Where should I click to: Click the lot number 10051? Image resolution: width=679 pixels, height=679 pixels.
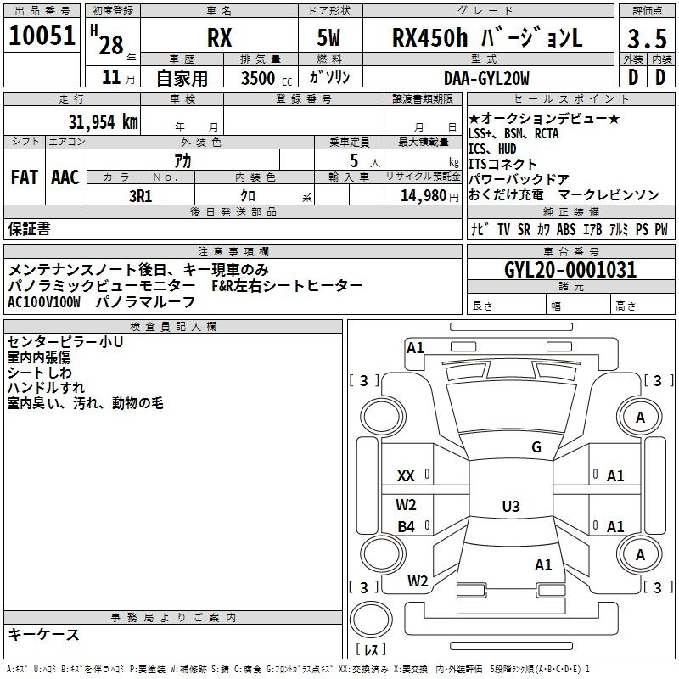click(x=42, y=36)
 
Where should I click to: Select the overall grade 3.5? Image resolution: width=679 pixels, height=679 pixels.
click(x=647, y=38)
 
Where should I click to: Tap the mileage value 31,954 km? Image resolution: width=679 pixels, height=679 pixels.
click(x=103, y=122)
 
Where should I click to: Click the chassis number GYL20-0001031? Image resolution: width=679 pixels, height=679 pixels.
click(x=570, y=270)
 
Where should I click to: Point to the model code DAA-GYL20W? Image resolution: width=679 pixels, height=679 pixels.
click(x=486, y=78)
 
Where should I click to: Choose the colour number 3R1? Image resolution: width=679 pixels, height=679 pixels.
click(x=141, y=196)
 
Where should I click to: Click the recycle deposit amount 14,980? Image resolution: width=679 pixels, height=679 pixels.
click(x=424, y=196)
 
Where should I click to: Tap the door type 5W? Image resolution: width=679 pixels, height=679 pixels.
click(x=328, y=37)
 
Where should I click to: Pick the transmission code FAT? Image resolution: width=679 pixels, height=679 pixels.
click(x=25, y=177)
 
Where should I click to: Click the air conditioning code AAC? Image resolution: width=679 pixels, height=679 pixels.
click(x=65, y=177)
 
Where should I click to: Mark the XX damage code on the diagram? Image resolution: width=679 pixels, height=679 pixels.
click(x=406, y=476)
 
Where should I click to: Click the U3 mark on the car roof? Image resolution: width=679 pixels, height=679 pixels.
click(x=511, y=506)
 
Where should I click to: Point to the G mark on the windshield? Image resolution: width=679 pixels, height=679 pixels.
click(x=536, y=447)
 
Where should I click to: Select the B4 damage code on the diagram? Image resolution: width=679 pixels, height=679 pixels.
click(x=406, y=526)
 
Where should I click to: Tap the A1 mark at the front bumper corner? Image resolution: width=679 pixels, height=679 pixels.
click(x=415, y=348)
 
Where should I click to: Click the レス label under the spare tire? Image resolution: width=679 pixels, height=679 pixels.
click(x=371, y=648)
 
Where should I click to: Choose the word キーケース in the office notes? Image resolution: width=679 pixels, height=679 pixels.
click(x=44, y=634)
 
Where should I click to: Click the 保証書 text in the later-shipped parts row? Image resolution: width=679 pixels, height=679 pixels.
click(x=29, y=228)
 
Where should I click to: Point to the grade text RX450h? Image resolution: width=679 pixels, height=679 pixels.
click(x=429, y=37)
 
